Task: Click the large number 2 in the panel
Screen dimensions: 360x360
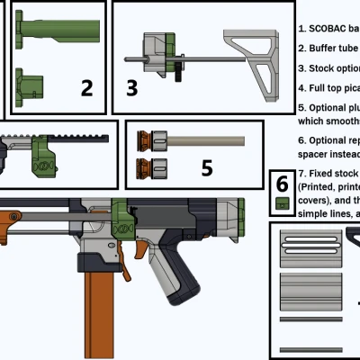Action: [86, 87]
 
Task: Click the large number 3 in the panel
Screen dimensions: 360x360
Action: [132, 87]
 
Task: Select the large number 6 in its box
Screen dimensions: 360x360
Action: [283, 183]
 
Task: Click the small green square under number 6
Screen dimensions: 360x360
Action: [283, 203]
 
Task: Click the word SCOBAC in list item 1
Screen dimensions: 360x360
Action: [325, 28]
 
